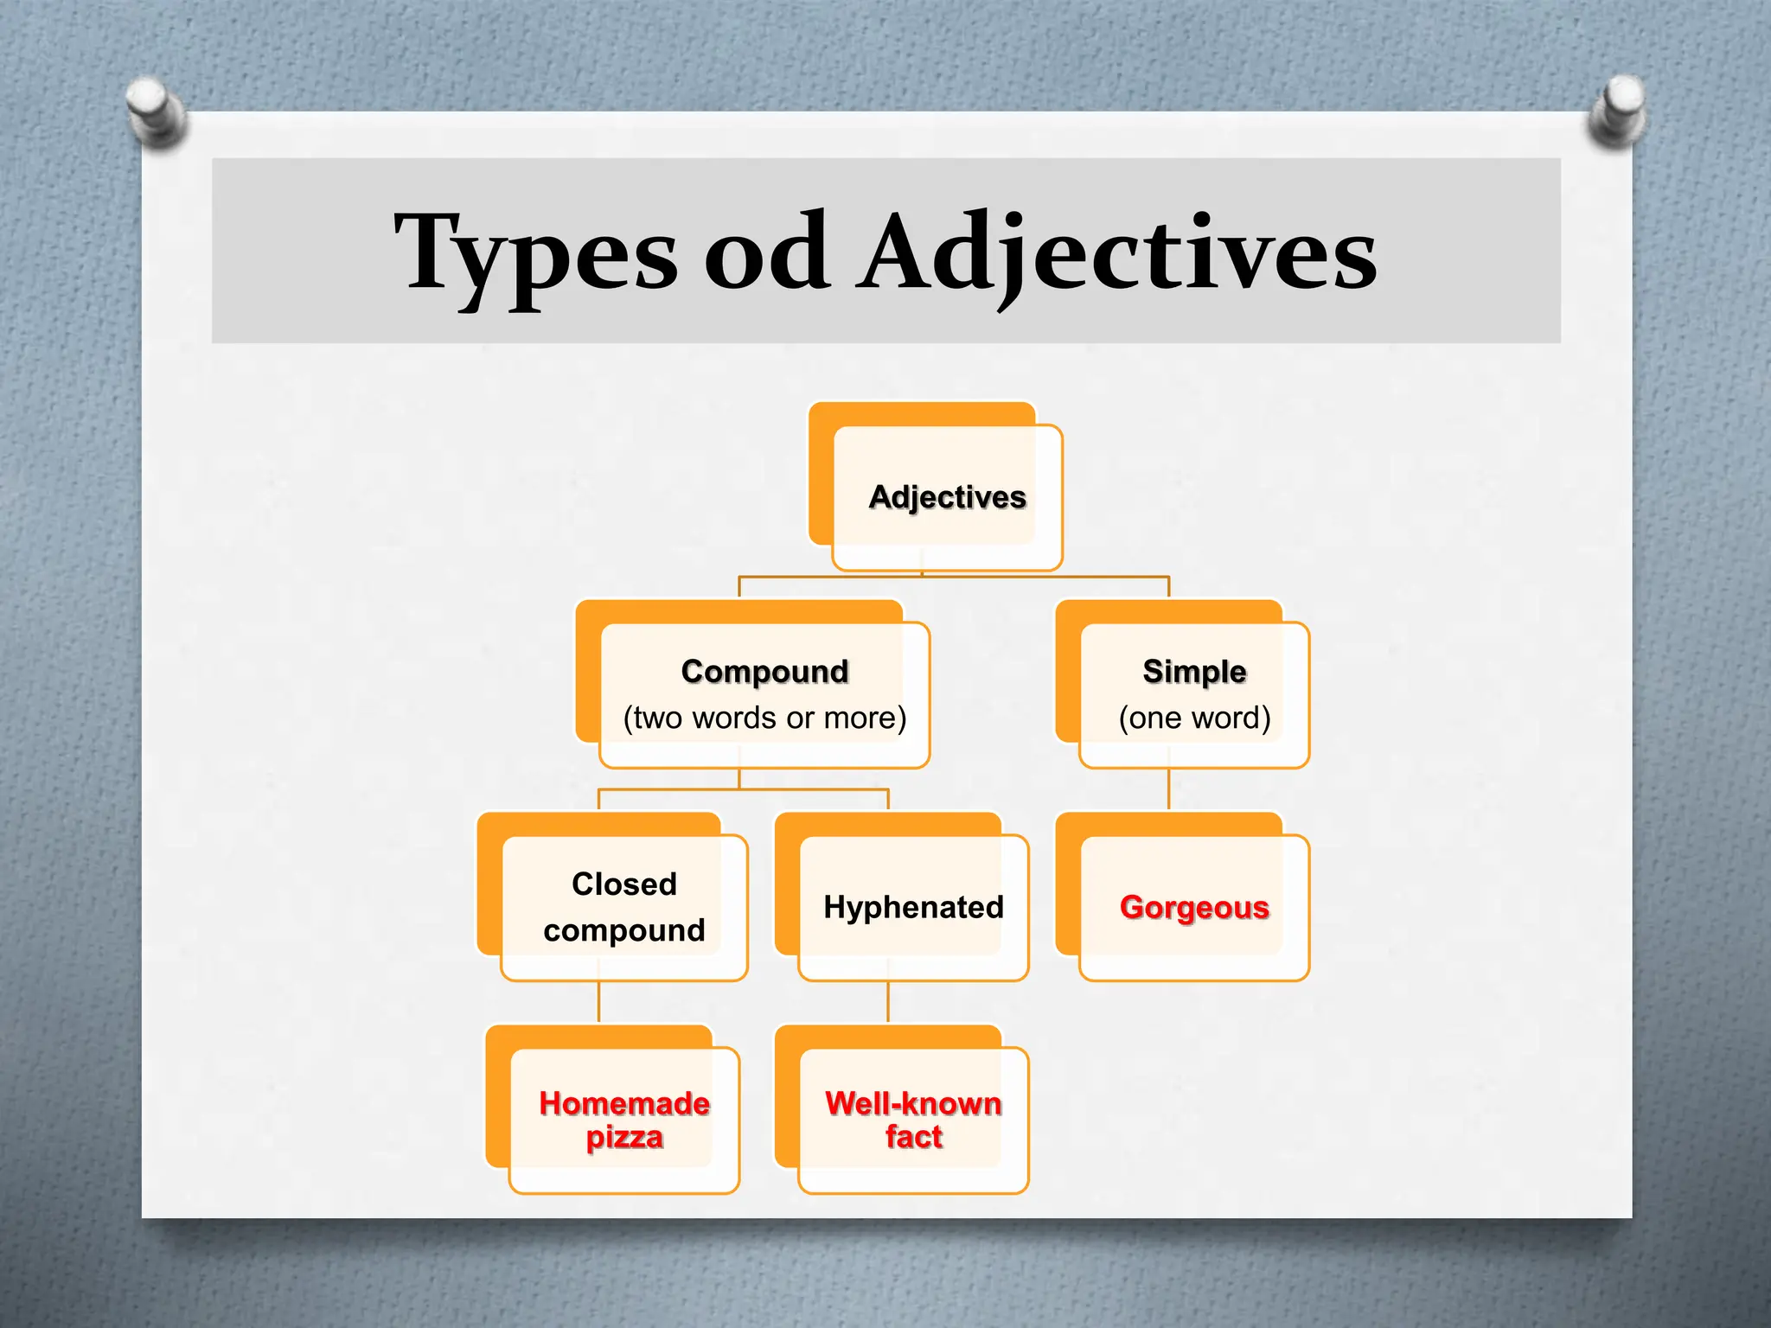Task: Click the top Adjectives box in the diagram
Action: pyautogui.click(x=947, y=497)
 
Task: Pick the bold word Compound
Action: pyautogui.click(x=764, y=672)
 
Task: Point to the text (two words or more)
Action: pyautogui.click(x=764, y=718)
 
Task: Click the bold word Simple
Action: pyautogui.click(x=1194, y=672)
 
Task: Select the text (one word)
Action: pyautogui.click(x=1194, y=718)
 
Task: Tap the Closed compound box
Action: pyautogui.click(x=623, y=907)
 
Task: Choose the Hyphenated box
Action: pyautogui.click(x=913, y=907)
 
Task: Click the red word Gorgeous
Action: pyautogui.click(x=1194, y=907)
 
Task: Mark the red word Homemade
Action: pyautogui.click(x=623, y=1103)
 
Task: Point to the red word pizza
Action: pyautogui.click(x=623, y=1138)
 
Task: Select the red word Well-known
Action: pyautogui.click(x=913, y=1103)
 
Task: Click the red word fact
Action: pyautogui.click(x=913, y=1138)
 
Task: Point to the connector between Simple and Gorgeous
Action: pyautogui.click(x=1168, y=789)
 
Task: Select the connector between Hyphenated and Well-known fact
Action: pyautogui.click(x=888, y=1003)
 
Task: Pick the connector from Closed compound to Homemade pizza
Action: pyautogui.click(x=598, y=1003)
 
